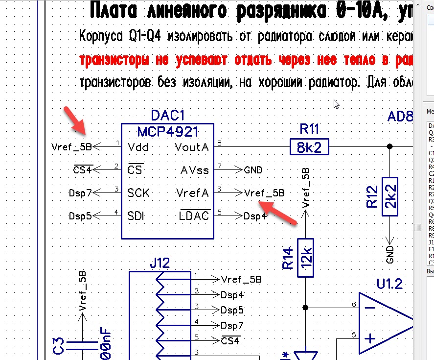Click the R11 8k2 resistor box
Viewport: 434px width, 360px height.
pyautogui.click(x=309, y=146)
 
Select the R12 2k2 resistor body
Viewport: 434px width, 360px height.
pyautogui.click(x=390, y=194)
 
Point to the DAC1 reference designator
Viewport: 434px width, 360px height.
pyautogui.click(x=168, y=116)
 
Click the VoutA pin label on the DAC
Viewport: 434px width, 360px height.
pyautogui.click(x=192, y=147)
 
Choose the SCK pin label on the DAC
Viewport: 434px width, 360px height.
pyautogui.click(x=138, y=192)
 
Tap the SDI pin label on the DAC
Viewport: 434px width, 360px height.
pyautogui.click(x=137, y=216)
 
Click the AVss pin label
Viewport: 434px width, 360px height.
pyautogui.click(x=194, y=170)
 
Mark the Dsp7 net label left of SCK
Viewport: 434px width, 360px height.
pyautogui.click(x=80, y=193)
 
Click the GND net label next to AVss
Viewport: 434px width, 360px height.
pyautogui.click(x=252, y=170)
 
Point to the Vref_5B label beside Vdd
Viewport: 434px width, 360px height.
pyautogui.click(x=71, y=146)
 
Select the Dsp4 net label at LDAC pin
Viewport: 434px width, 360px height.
pyautogui.click(x=255, y=216)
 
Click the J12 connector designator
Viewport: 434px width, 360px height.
pyautogui.click(x=160, y=263)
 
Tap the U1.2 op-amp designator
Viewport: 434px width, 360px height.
pyautogui.click(x=389, y=283)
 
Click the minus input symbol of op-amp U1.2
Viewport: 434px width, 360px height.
pyautogui.click(x=370, y=308)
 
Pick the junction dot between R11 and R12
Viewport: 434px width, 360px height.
pyautogui.click(x=390, y=146)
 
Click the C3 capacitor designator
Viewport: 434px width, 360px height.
pyautogui.click(x=59, y=348)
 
